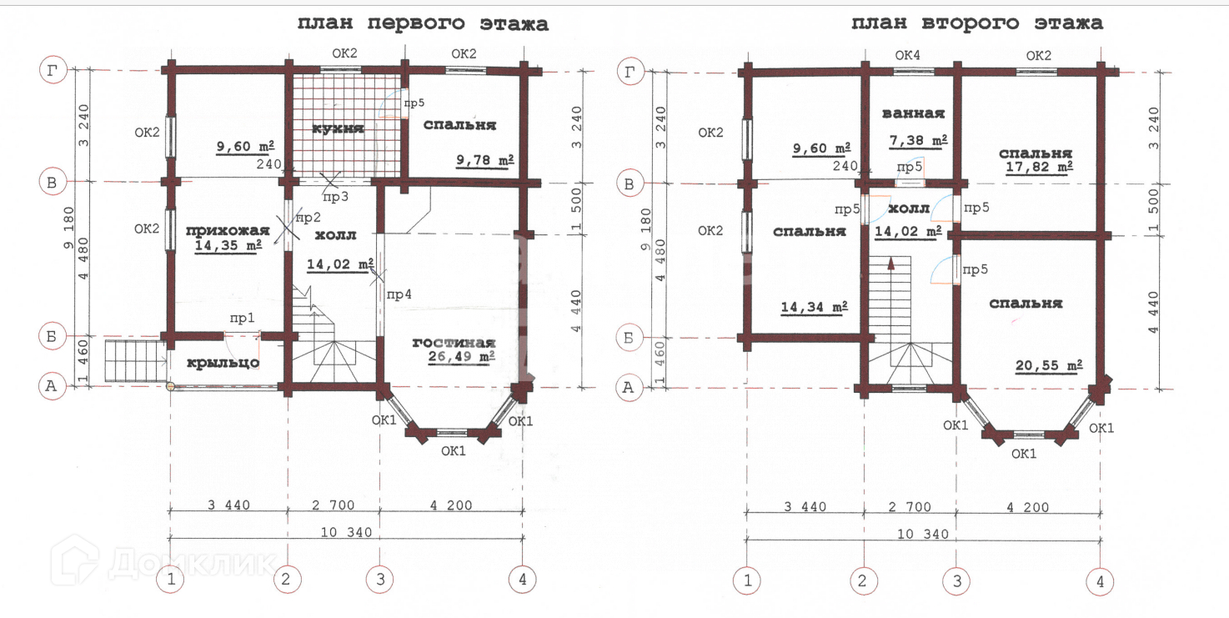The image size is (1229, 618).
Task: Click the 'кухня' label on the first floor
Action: (x=338, y=128)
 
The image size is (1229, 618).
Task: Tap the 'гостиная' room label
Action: (x=454, y=343)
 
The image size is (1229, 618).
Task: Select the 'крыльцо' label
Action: (x=223, y=363)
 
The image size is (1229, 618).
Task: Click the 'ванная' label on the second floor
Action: (x=913, y=113)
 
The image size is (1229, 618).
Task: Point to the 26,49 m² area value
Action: (x=461, y=357)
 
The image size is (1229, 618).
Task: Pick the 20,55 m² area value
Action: (x=1049, y=365)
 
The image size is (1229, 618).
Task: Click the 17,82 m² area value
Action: (x=1039, y=167)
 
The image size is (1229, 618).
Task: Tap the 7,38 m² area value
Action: (x=918, y=141)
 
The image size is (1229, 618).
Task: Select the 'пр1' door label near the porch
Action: (x=242, y=319)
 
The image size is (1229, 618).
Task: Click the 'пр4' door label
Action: (x=399, y=294)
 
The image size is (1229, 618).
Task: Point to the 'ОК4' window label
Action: (x=907, y=55)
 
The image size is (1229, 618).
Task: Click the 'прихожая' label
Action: (x=228, y=230)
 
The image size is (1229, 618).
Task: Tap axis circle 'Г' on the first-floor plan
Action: (x=53, y=70)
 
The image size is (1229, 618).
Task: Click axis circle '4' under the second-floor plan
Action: (x=1100, y=582)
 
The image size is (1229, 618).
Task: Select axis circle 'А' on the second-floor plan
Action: (x=629, y=388)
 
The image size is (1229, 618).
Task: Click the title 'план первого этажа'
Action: (x=423, y=24)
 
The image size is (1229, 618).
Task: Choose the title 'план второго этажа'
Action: (x=976, y=23)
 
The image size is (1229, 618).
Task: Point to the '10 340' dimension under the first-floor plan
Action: (x=346, y=532)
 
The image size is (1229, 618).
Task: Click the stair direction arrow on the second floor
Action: (x=891, y=264)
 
